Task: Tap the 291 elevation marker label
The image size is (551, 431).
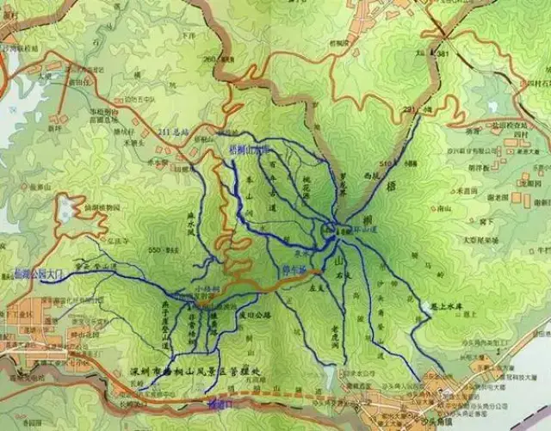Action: pyautogui.click(x=408, y=109)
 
